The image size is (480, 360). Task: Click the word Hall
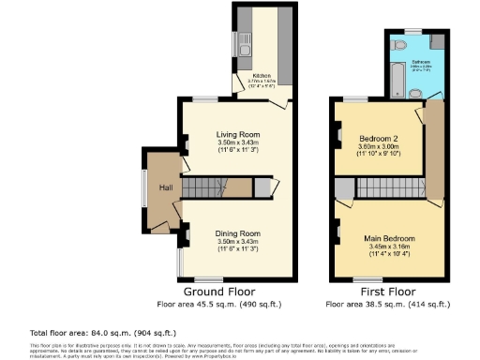[x=165, y=188]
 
